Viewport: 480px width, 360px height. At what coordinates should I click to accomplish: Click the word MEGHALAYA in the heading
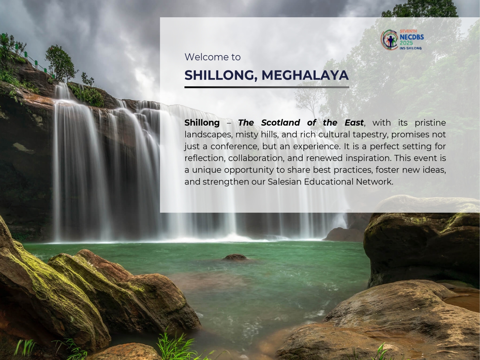(305, 75)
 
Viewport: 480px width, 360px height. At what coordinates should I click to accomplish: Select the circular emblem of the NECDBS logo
(390, 40)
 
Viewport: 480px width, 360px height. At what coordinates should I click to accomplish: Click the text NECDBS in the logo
(411, 37)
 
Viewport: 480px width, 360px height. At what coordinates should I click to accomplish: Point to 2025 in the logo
(406, 43)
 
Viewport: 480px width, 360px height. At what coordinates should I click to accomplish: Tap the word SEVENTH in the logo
(408, 31)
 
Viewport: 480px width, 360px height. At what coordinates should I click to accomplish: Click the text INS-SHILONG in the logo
(411, 48)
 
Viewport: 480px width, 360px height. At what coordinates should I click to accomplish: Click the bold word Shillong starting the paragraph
(202, 123)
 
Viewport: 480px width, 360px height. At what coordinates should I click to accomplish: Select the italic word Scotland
(280, 123)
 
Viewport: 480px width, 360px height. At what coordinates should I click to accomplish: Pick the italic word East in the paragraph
(354, 123)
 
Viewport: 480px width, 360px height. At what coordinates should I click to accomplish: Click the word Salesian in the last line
(285, 181)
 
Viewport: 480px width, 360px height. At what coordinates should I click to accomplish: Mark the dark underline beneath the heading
(267, 87)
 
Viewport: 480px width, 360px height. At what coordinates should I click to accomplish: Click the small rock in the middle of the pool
(235, 257)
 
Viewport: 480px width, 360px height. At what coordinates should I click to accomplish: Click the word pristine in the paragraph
(430, 123)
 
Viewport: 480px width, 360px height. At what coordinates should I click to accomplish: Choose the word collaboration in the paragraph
(256, 158)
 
